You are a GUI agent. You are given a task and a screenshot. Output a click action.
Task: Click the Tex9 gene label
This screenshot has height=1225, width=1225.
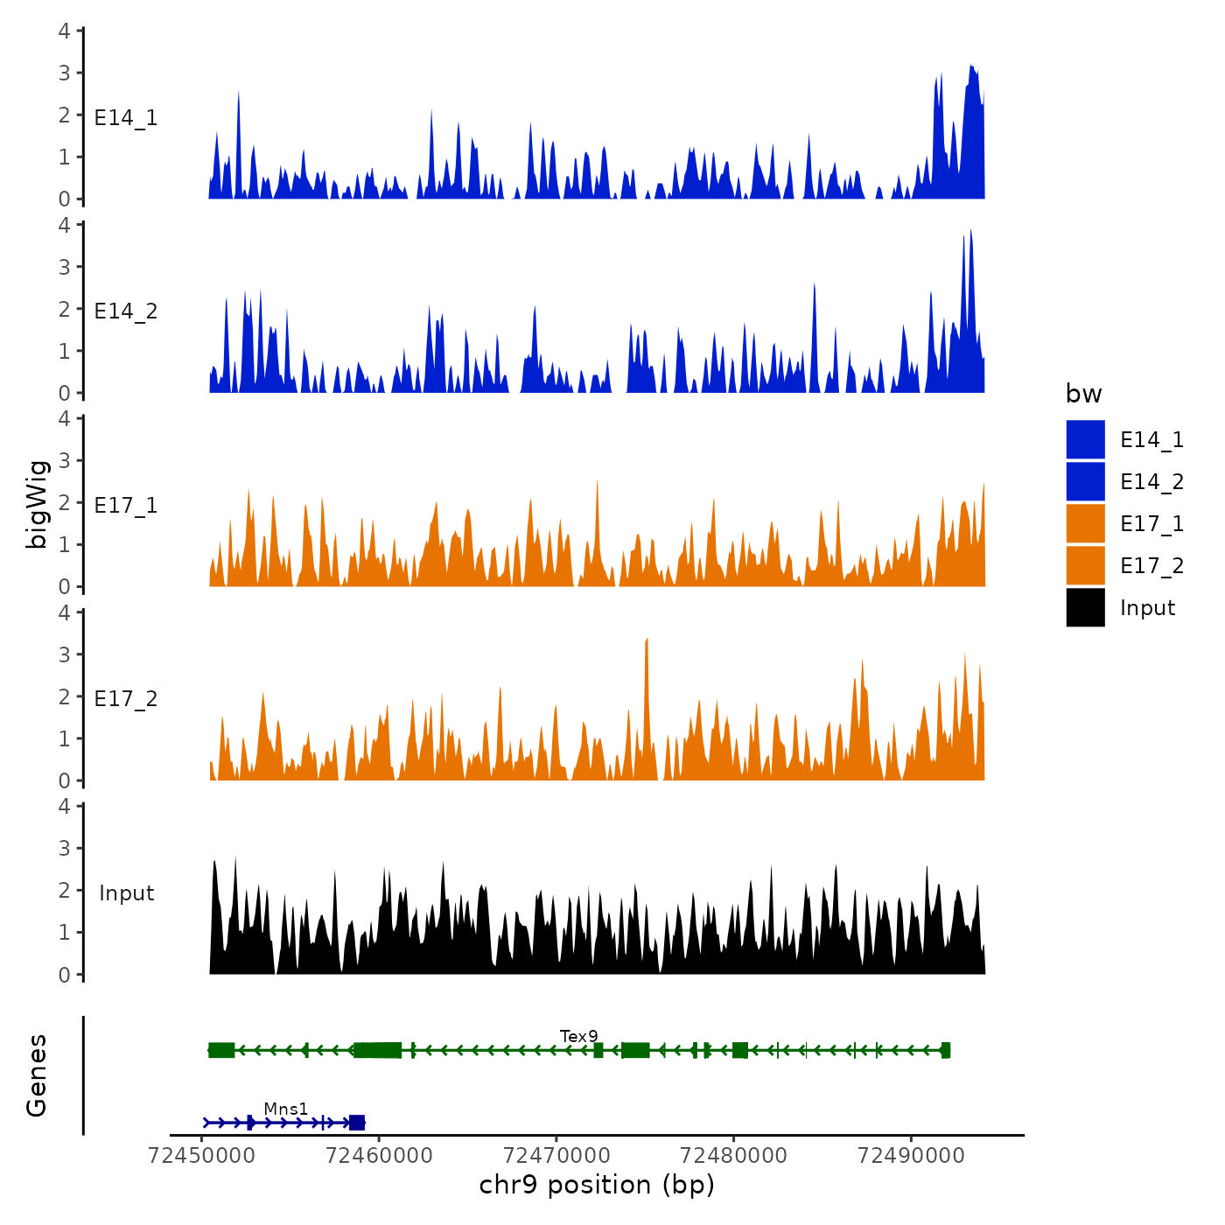coord(578,1036)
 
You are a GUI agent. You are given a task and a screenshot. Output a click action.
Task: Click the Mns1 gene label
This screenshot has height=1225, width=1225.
coord(285,1109)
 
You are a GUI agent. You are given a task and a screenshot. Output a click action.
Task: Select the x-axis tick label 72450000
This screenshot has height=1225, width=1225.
coord(202,1155)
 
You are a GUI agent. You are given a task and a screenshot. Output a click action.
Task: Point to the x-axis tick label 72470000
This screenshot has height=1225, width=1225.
coord(556,1155)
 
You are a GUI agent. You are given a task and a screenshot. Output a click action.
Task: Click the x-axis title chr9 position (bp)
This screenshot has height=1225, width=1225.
coord(597,1185)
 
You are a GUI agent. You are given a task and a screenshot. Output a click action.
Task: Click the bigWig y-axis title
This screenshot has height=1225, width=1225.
coord(37,504)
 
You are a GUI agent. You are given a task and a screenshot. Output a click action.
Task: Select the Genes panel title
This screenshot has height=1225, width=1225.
coord(37,1075)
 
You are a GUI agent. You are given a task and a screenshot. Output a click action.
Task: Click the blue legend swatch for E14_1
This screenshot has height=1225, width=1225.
coord(1085,439)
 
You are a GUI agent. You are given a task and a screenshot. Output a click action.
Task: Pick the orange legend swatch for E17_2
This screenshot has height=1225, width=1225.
coord(1085,565)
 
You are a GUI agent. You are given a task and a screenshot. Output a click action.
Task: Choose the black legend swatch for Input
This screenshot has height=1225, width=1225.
coord(1085,607)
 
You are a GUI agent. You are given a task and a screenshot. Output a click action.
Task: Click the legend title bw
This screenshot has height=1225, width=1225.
coord(1083,394)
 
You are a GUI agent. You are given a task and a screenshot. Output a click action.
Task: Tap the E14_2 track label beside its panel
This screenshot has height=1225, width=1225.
coord(126,311)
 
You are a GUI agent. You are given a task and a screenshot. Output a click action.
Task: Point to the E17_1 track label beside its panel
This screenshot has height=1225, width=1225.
coord(126,505)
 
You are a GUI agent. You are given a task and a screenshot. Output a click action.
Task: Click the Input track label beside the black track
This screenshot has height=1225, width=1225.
coord(126,892)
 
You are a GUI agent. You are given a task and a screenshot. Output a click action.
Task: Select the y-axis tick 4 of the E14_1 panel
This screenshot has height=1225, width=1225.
coord(65,31)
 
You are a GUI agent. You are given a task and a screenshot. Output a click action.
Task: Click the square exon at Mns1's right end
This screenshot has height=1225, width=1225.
coord(356,1123)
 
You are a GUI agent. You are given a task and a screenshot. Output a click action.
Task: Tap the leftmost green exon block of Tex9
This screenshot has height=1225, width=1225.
coord(221,1050)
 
